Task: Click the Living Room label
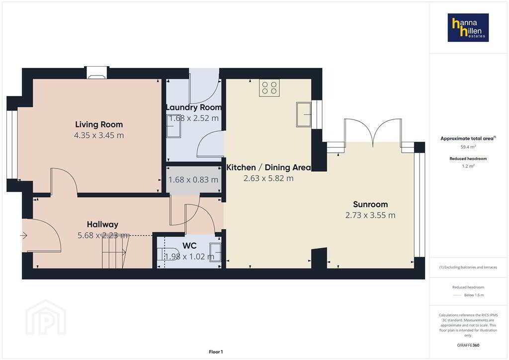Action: [x=99, y=124]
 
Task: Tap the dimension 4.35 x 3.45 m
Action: [x=99, y=135]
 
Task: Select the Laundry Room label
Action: [x=194, y=107]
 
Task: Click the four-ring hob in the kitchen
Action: [x=269, y=88]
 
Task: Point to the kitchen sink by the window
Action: [x=304, y=114]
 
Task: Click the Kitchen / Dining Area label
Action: [x=268, y=168]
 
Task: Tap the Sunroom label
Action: [x=370, y=204]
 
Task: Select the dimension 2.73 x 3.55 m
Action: [x=370, y=215]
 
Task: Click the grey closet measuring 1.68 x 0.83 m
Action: [x=194, y=180]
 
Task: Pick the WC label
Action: [x=189, y=246]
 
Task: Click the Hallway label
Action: [x=102, y=224]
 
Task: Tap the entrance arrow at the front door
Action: [x=24, y=235]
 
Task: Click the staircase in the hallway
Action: [x=115, y=252]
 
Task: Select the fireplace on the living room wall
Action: [x=96, y=73]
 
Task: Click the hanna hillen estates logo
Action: [x=468, y=27]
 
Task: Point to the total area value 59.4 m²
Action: [x=468, y=147]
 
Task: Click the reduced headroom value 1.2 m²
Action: [x=468, y=166]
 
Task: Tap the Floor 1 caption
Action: [x=216, y=352]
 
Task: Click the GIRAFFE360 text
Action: [x=468, y=345]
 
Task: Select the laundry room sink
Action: [x=173, y=126]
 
